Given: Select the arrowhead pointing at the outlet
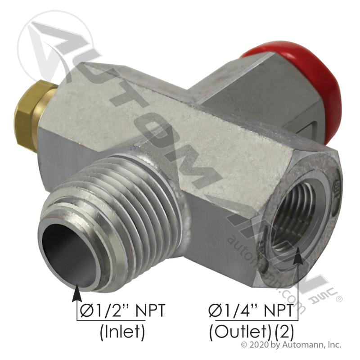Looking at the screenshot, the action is pos(298,255).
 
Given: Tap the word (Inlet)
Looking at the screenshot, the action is pos(122,332).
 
